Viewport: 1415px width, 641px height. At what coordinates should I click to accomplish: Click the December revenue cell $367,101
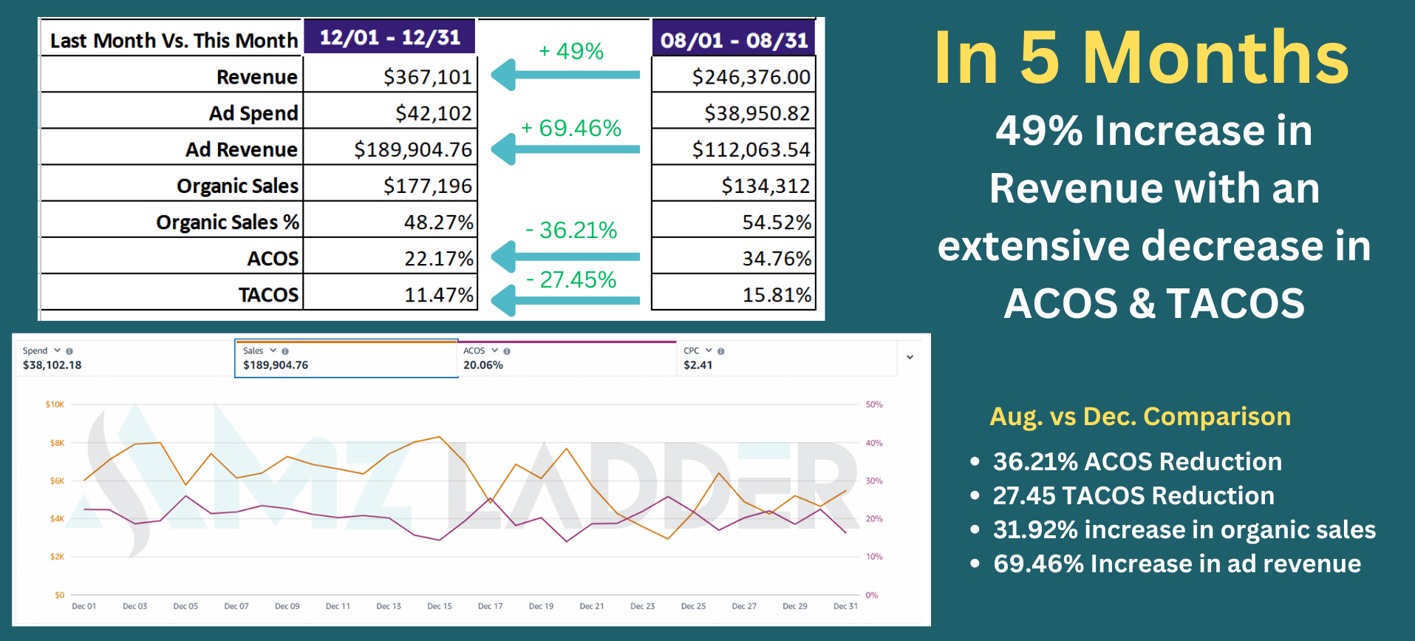(x=426, y=77)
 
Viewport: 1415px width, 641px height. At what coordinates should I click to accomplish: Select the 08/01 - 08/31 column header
(x=734, y=40)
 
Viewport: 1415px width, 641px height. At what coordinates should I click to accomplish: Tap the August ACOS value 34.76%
(x=776, y=259)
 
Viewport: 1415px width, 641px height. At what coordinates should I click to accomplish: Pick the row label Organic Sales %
(x=227, y=222)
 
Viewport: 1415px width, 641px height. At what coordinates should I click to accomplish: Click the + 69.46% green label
(x=571, y=128)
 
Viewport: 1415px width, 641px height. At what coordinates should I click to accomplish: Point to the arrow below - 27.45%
(x=565, y=300)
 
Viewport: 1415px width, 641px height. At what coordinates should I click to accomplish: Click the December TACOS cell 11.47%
(x=438, y=295)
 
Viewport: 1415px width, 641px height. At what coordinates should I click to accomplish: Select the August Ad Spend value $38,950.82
(x=757, y=113)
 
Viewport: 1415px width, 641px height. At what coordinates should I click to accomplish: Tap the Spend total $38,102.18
(x=52, y=365)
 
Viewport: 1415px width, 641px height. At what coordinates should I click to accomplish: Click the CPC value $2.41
(x=698, y=365)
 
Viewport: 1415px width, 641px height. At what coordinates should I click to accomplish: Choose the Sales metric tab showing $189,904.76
(x=346, y=359)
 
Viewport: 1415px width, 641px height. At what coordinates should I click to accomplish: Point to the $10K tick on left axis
(x=55, y=404)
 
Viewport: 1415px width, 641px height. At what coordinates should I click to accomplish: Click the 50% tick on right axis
(x=874, y=404)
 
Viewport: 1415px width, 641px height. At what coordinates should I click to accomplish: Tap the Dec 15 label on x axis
(x=439, y=606)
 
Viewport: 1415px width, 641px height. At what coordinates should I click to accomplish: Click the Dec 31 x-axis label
(x=845, y=606)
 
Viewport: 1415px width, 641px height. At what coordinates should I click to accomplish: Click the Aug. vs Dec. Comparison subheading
(x=1140, y=416)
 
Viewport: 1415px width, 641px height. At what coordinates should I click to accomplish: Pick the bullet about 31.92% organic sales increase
(x=1184, y=529)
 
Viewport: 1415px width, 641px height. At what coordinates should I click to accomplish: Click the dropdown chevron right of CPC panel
(x=910, y=357)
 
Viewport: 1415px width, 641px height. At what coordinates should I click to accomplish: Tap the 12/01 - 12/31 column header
(x=389, y=37)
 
